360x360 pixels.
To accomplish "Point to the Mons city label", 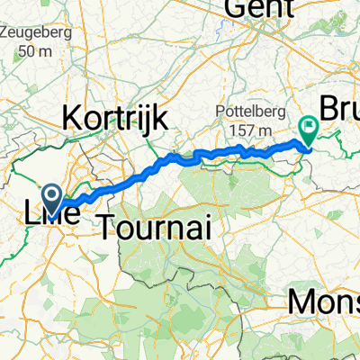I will click(x=324, y=302).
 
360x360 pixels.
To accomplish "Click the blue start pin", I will click(x=51, y=199).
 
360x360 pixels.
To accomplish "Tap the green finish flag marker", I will click(x=307, y=131).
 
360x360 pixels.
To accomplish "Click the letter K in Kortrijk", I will click(x=69, y=116).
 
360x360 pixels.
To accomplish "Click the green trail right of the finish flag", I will click(x=337, y=139).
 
